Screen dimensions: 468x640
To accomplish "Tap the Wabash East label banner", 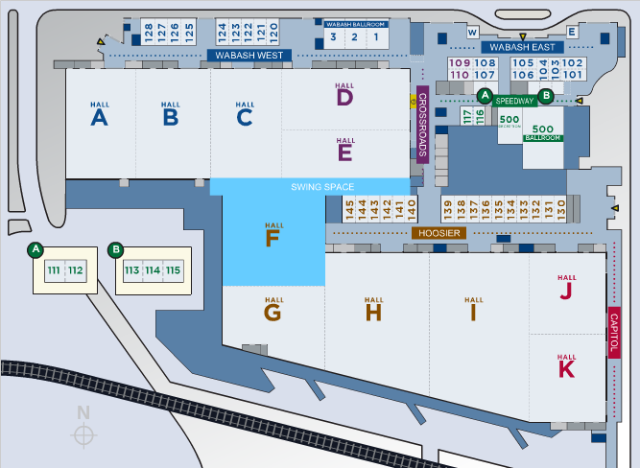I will coord(519,46).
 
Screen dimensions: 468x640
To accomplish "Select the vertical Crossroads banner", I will coord(421,123).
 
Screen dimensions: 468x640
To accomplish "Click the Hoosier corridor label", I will coord(440,232).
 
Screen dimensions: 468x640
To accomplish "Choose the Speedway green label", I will coord(515,100).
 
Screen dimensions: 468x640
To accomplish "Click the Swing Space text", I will coord(322,187).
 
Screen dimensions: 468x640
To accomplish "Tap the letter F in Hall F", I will coord(273,238).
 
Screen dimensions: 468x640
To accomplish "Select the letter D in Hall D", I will coord(344,97).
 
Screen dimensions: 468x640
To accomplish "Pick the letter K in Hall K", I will coord(566,368).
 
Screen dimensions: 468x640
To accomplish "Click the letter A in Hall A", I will coord(99,117).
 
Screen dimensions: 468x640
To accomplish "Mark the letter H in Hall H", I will coord(373,312).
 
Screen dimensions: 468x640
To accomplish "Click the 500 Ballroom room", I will coord(543,133).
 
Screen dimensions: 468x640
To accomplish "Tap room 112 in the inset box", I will coord(76,270).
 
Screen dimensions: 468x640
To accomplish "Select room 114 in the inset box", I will coord(152,270).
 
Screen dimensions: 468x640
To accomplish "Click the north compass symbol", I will coord(84,434).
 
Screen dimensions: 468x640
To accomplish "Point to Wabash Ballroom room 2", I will coord(353,37).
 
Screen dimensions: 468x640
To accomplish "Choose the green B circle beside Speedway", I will coord(545,95).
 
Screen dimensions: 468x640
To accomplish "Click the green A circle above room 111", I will coord(36,249).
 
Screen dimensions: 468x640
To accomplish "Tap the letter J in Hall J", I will coord(566,291).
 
